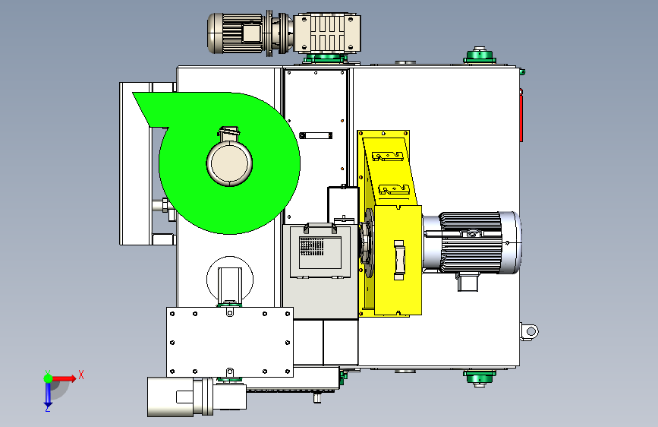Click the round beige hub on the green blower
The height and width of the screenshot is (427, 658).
[x=229, y=163]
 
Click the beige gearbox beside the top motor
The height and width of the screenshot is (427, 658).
[x=327, y=33]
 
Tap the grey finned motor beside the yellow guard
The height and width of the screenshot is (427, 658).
[x=472, y=243]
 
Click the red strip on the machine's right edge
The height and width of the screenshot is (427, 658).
[x=521, y=115]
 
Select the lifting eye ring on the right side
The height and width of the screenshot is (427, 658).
[x=530, y=331]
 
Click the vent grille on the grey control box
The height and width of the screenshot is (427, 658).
[x=312, y=247]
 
